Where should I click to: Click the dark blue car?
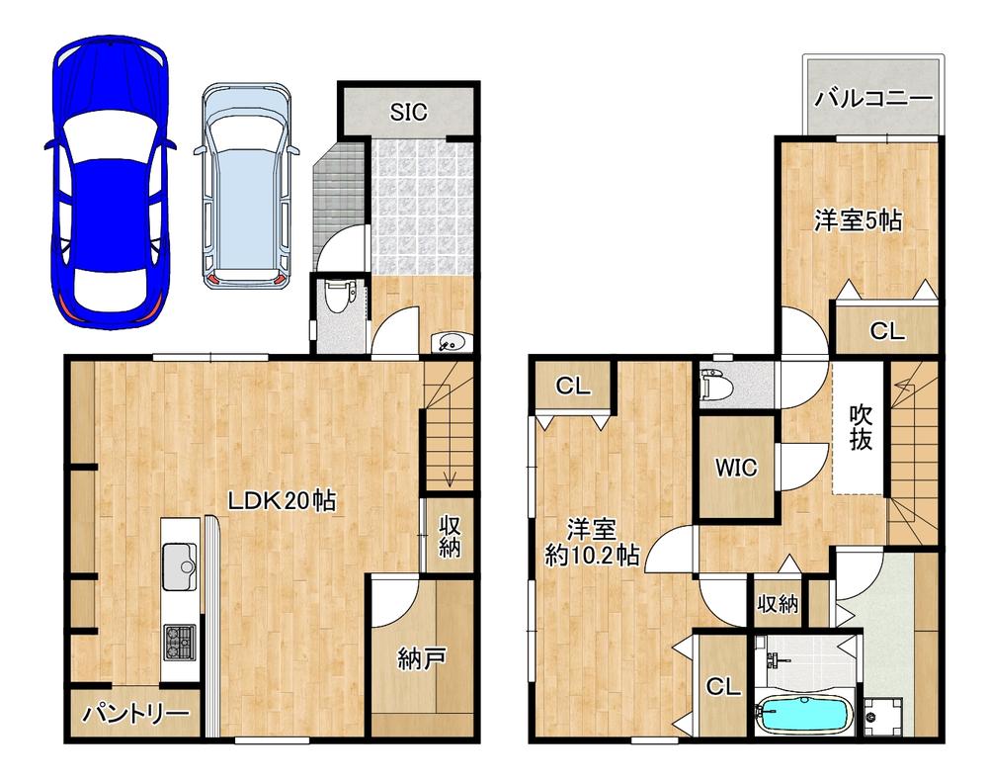[109, 183]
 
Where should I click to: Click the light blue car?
[246, 185]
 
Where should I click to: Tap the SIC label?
[408, 112]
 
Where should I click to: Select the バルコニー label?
[873, 98]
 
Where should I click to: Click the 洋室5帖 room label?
[858, 220]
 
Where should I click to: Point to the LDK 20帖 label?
[282, 501]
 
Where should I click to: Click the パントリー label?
[136, 714]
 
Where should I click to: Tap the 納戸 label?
[422, 659]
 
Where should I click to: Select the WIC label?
[736, 468]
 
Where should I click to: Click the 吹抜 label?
[861, 427]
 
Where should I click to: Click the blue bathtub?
[804, 716]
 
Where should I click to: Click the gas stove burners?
[180, 642]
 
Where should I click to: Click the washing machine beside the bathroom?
[883, 717]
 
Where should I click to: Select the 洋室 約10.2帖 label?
[592, 542]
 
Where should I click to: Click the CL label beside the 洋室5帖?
[887, 330]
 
